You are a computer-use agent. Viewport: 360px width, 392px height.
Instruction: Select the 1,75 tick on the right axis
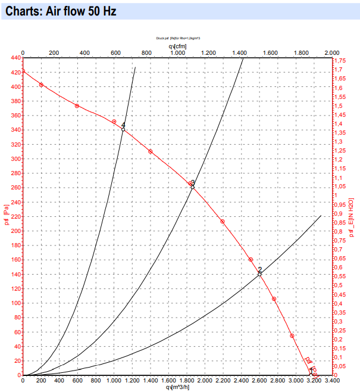click(x=340, y=61)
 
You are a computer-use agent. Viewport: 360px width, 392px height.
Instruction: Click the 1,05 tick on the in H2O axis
click(x=340, y=187)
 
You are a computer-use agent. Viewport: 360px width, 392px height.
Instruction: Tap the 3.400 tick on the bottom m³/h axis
click(x=332, y=381)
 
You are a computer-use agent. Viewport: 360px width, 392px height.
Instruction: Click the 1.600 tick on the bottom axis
click(x=168, y=381)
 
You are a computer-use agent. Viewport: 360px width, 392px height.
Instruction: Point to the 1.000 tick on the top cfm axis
click(x=177, y=53)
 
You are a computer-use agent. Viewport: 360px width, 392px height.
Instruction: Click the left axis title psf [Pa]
click(x=6, y=216)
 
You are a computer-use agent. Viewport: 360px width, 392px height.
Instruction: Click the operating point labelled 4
click(x=123, y=129)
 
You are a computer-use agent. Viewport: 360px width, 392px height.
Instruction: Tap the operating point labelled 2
click(x=260, y=274)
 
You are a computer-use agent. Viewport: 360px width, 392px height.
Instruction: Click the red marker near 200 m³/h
click(x=41, y=85)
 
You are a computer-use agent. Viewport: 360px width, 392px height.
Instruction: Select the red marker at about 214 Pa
click(x=223, y=222)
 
